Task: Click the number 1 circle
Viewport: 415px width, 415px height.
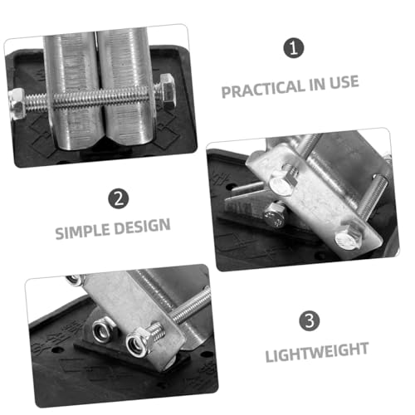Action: tap(294, 48)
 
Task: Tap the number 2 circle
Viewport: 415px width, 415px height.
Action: tap(119, 198)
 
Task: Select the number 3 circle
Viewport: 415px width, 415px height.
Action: tap(310, 320)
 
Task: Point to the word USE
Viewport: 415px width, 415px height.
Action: tap(344, 82)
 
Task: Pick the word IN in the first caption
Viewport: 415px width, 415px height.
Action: tap(316, 85)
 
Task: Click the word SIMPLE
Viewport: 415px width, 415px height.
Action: tap(82, 231)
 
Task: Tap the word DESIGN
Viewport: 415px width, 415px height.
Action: tap(142, 226)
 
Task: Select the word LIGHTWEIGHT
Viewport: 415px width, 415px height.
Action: tap(317, 352)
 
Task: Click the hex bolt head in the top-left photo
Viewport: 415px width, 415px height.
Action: tap(167, 91)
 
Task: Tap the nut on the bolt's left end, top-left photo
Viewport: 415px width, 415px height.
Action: tap(17, 104)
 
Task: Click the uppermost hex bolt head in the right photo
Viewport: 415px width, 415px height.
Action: tap(281, 183)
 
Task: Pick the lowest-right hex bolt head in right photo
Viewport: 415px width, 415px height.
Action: tap(347, 237)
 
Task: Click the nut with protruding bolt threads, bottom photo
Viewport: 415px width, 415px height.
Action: tap(139, 344)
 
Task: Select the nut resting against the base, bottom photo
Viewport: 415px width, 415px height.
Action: tap(102, 330)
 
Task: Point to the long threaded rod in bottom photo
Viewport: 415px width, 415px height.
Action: tap(192, 306)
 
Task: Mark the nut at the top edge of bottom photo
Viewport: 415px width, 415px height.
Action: tap(76, 280)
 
